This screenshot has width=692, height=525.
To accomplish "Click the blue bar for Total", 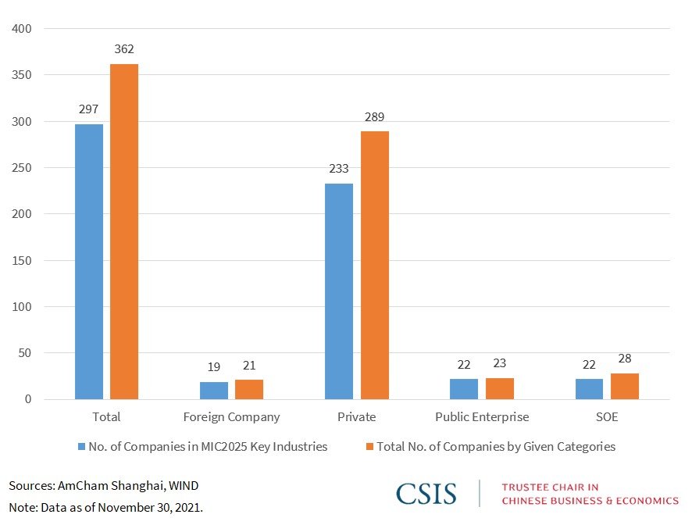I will point(89,262).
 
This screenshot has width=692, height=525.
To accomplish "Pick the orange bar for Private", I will point(374,266).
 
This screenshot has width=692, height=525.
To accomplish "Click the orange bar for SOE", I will point(624,387).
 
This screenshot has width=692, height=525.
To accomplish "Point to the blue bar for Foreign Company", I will point(214,391).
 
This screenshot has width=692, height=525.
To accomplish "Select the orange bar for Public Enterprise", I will point(499,389).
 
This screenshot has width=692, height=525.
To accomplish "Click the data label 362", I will point(124,49).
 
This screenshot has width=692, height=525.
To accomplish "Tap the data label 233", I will point(339,169).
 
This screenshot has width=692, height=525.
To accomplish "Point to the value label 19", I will point(214,366).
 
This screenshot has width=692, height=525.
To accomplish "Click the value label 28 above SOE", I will point(624,358).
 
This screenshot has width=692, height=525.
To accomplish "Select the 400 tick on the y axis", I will point(22,29).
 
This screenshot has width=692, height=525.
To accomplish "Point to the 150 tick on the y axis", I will point(22,260).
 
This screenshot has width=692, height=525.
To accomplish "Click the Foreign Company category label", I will point(231,417).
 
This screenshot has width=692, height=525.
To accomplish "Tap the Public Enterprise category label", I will point(482,417).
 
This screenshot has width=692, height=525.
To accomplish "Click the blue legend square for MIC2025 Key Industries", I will point(81,447).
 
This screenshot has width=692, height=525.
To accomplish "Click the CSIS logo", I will point(426,493).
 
